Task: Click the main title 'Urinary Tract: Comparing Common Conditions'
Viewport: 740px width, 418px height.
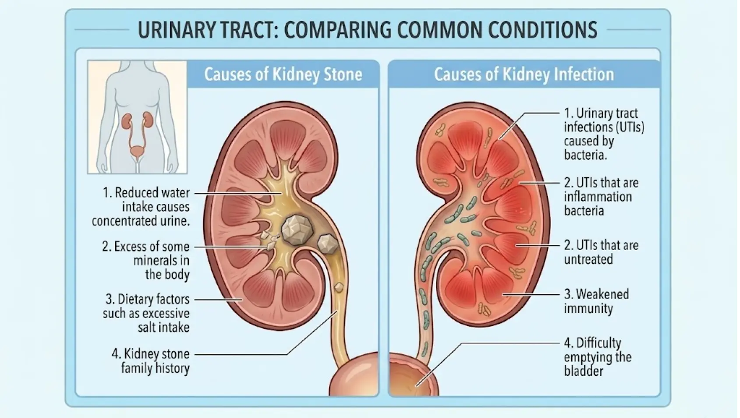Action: tap(367, 30)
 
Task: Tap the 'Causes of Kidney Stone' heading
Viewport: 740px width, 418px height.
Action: tap(283, 74)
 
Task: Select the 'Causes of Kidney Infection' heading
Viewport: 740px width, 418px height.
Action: tap(524, 74)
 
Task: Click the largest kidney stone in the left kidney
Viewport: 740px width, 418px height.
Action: tap(296, 228)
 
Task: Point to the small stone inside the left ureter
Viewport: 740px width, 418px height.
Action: tap(339, 287)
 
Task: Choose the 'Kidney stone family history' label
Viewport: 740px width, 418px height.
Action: tap(151, 361)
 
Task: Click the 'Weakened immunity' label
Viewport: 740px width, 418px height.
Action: tap(596, 301)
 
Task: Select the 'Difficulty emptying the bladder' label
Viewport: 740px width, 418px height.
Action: tap(597, 357)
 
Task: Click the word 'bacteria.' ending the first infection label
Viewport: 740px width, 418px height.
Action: tap(585, 155)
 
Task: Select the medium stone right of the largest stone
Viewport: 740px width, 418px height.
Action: tap(327, 244)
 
